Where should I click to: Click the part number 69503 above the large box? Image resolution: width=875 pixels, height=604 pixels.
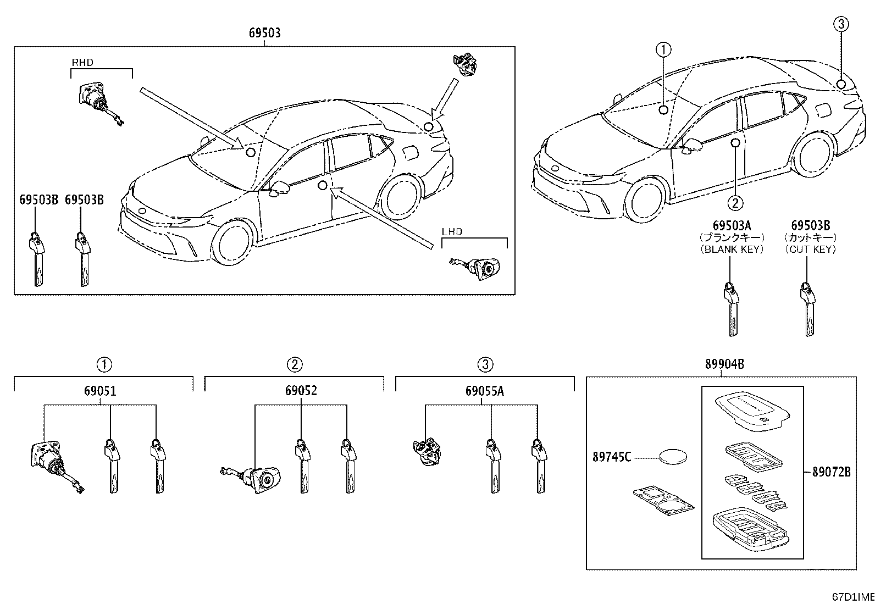click(265, 33)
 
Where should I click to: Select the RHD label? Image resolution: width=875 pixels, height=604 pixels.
click(82, 63)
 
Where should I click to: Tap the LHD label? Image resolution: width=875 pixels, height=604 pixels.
click(452, 232)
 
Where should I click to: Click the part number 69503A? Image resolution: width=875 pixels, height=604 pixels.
click(732, 225)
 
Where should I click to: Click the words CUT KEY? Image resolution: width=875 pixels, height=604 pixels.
click(810, 250)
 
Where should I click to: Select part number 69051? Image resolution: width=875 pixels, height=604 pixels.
click(101, 391)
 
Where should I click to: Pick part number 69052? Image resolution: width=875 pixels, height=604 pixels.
click(301, 391)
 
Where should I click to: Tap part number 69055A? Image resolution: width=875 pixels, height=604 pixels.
click(484, 391)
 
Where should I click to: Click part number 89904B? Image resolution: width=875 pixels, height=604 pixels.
click(724, 364)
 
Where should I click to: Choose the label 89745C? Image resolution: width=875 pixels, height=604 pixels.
click(612, 457)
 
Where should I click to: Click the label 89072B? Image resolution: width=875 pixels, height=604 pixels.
click(831, 472)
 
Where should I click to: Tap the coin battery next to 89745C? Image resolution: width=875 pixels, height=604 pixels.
click(673, 456)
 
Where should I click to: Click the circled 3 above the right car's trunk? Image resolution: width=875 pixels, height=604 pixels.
click(841, 24)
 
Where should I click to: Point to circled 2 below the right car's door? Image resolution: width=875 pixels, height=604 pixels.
click(735, 203)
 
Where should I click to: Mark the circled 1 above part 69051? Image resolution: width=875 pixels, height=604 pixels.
click(104, 364)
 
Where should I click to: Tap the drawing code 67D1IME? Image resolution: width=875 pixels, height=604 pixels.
click(853, 597)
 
